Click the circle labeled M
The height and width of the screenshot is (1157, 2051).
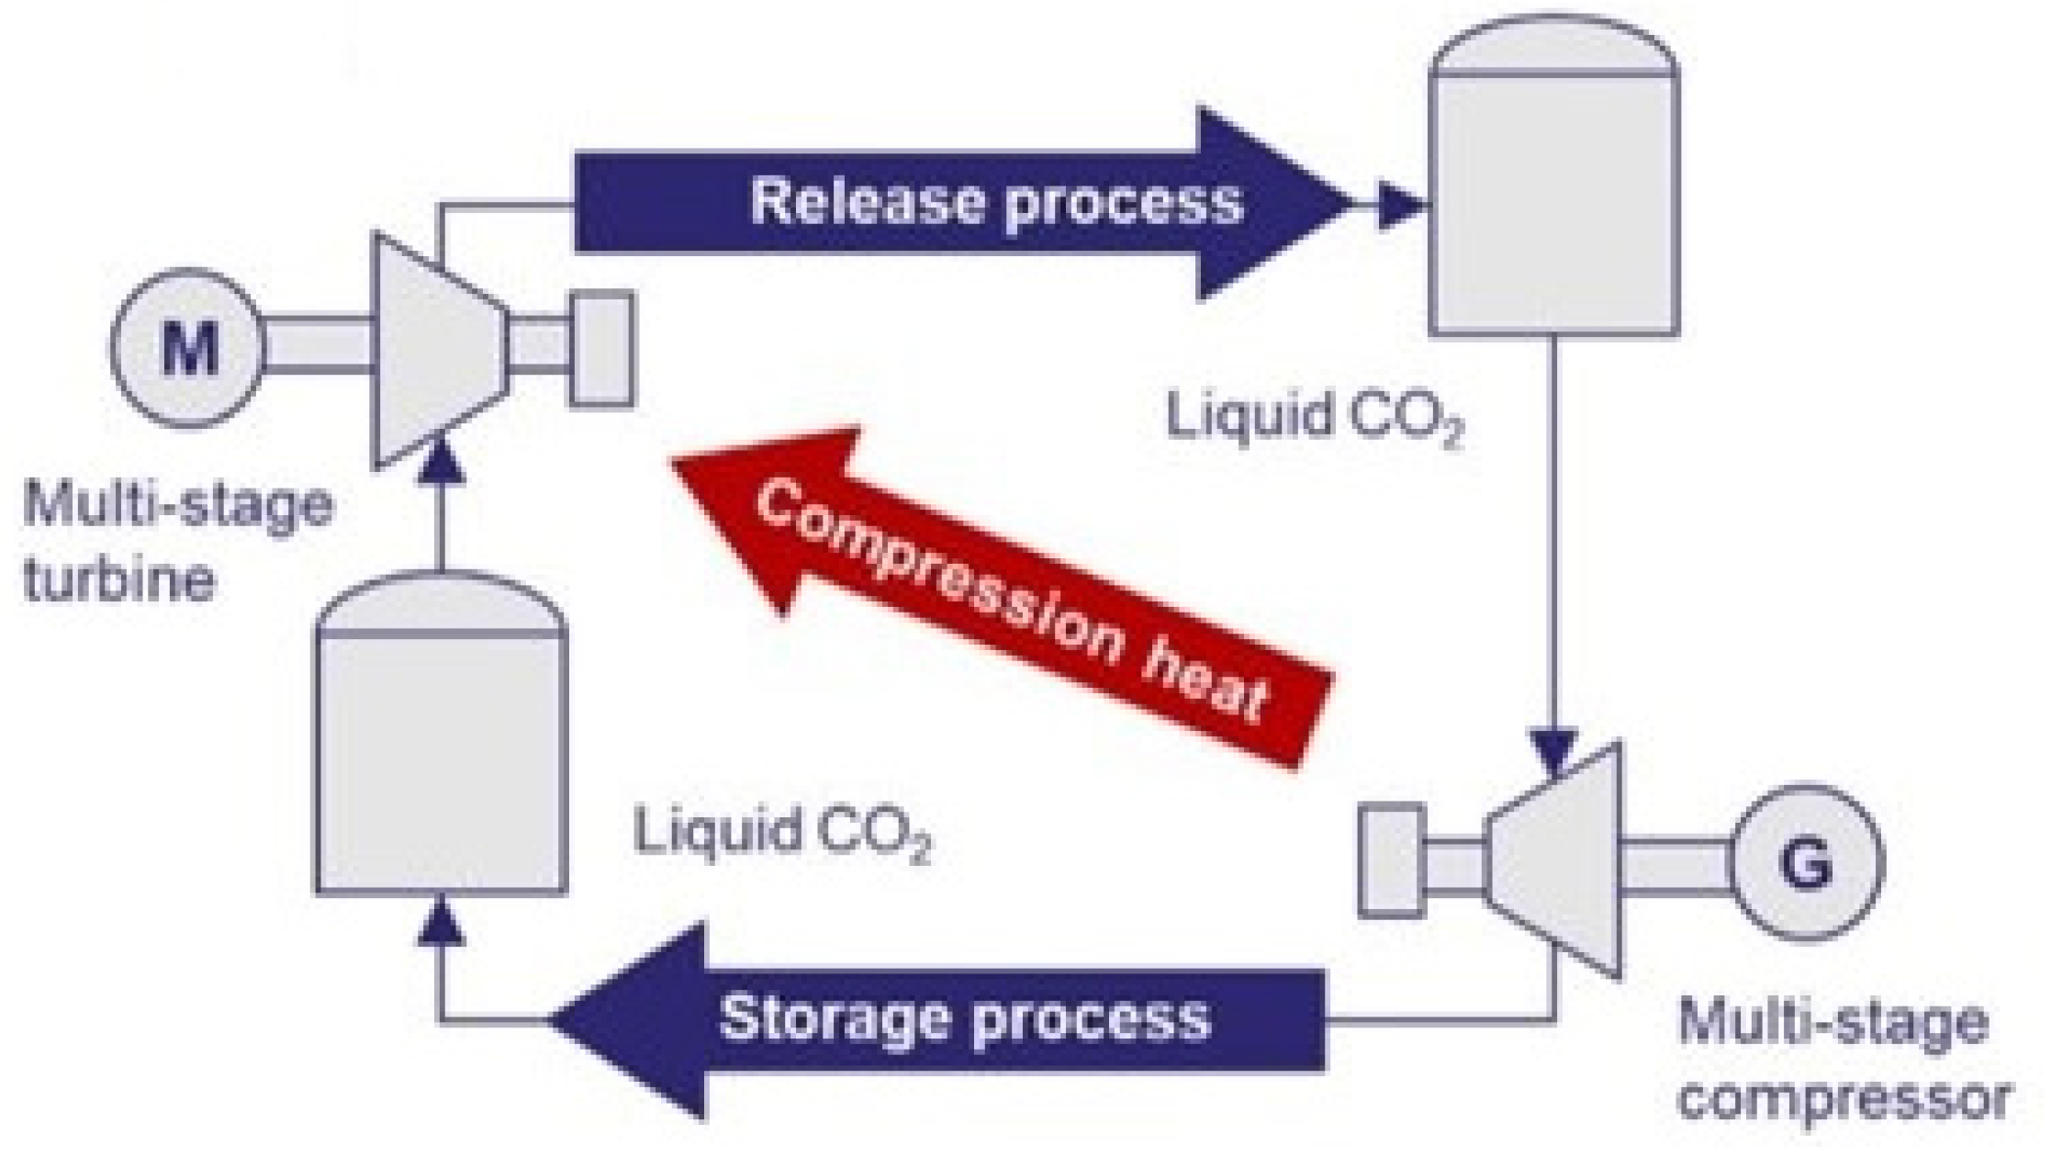187,348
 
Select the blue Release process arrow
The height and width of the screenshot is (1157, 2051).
964,203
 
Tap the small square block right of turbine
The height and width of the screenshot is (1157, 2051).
601,349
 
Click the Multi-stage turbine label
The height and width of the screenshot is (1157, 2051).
174,542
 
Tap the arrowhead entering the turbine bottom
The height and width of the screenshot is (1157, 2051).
442,459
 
